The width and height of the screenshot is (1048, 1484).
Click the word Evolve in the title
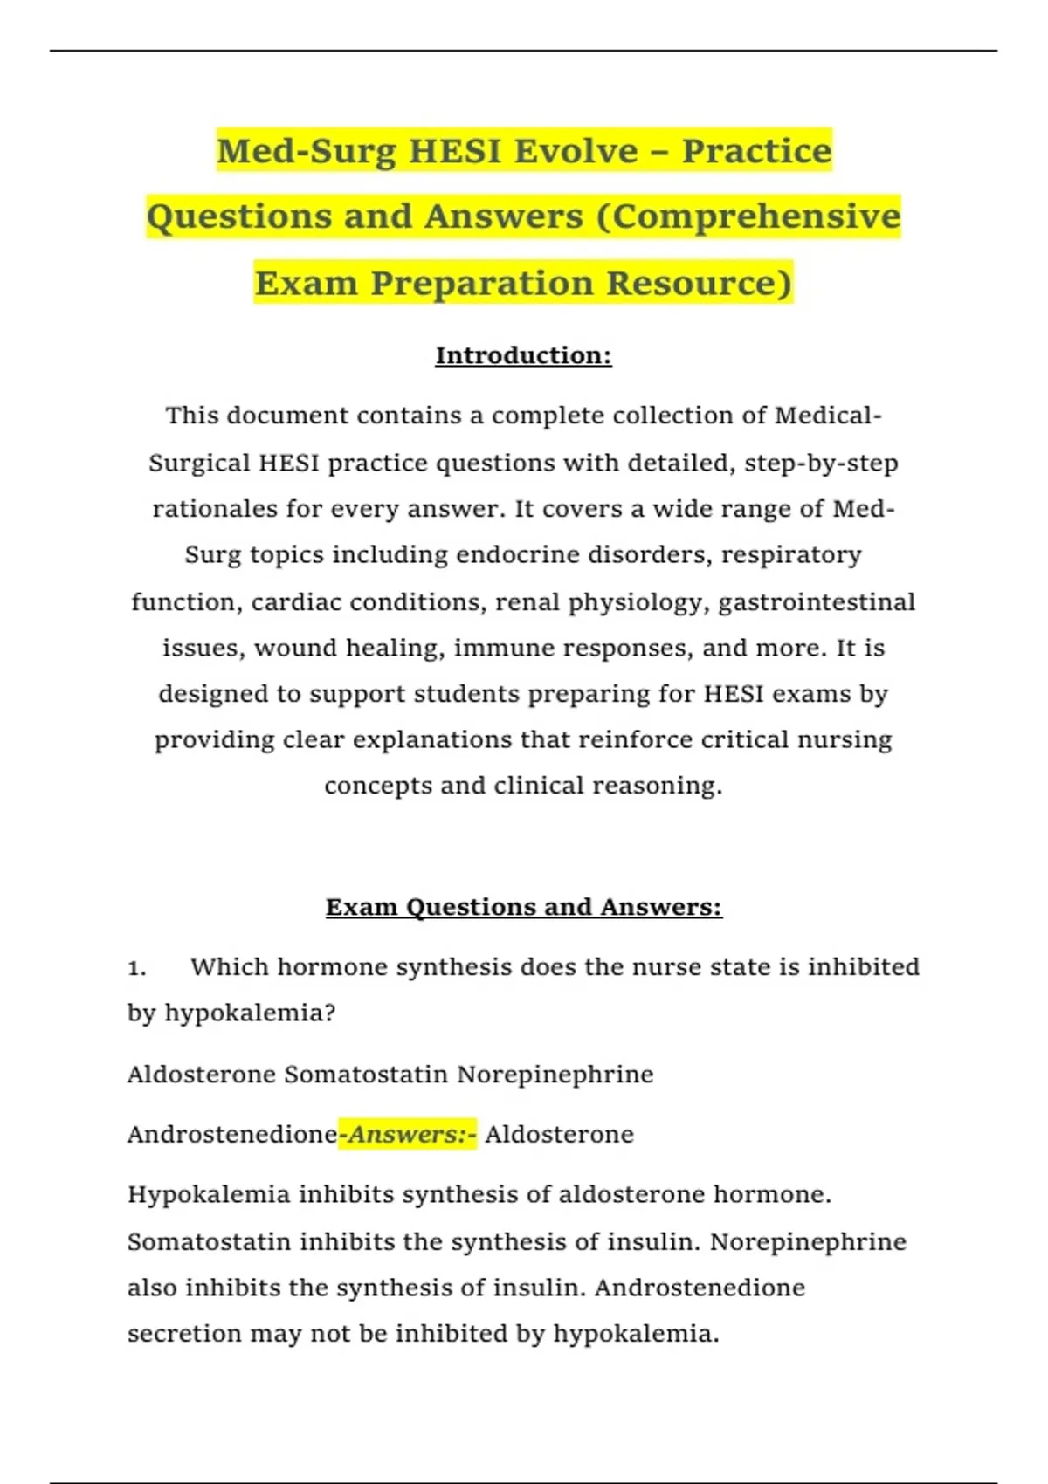coord(576,151)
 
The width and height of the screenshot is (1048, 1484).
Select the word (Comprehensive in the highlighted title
coord(748,216)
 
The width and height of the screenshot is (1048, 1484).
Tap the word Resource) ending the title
coord(699,283)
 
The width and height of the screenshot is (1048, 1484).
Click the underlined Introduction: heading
coord(523,355)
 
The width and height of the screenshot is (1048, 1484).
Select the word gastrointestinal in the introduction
coord(817,602)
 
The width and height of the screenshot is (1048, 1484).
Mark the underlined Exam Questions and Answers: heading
coord(523,907)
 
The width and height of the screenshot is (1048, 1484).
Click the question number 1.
coord(136,967)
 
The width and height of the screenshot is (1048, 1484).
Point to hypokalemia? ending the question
coord(250,1013)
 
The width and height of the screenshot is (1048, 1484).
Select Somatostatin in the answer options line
coord(366,1074)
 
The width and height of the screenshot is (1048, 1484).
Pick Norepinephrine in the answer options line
coord(555,1074)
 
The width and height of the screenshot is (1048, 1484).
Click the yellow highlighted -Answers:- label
coord(408,1134)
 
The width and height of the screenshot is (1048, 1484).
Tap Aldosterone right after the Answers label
coord(560,1134)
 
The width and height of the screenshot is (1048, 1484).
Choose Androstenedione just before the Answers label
coord(232,1134)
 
